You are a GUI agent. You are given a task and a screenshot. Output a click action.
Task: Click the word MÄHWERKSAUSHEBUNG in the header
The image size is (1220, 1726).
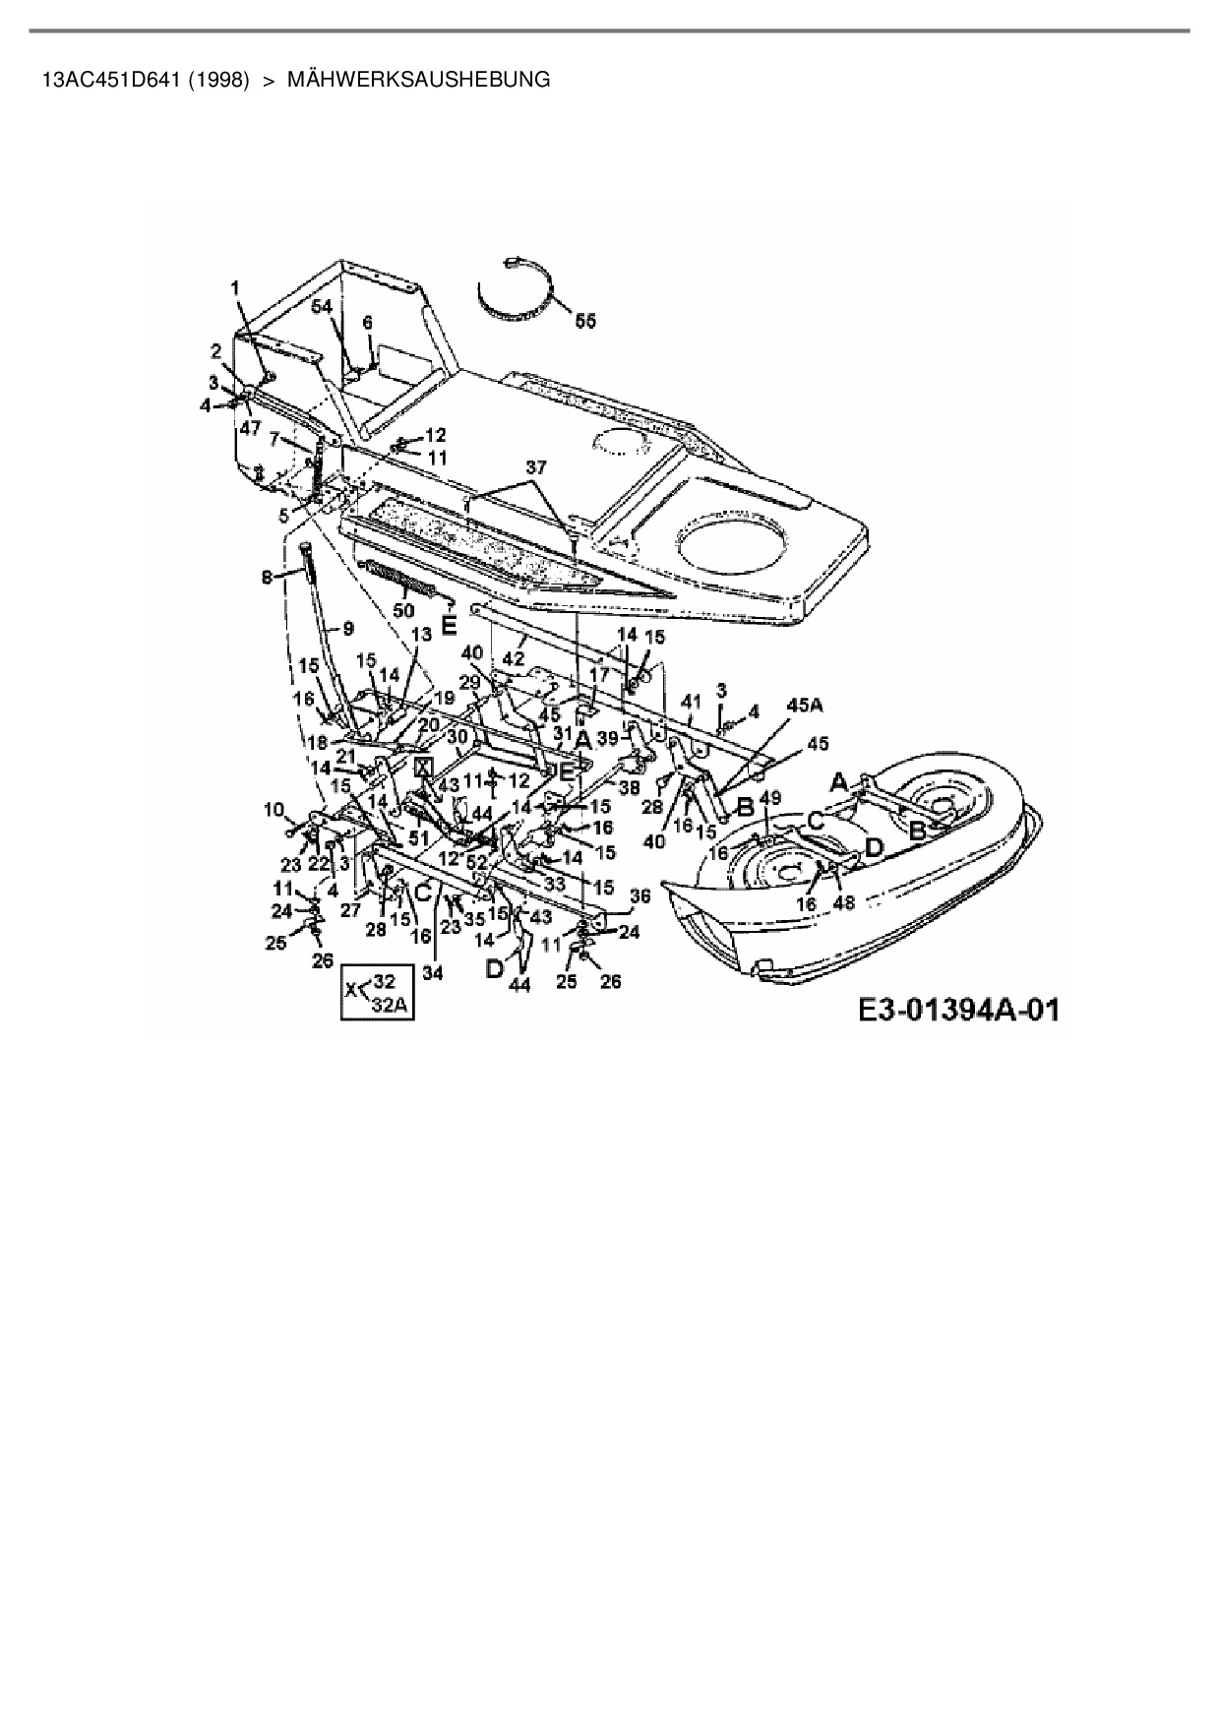coord(418,80)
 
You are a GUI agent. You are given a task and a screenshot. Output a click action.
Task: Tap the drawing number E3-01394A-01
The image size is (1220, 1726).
coord(958,1011)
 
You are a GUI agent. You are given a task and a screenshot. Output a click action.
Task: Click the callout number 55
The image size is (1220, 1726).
coord(584,321)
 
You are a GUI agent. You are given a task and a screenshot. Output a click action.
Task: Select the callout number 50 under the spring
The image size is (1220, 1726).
coord(403,610)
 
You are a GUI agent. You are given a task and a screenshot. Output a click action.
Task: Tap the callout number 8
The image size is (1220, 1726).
coord(267,579)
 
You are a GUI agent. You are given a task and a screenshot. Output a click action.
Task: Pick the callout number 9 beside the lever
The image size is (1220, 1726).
coord(347,627)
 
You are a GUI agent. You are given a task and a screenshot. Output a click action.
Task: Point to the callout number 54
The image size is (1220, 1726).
coord(323,307)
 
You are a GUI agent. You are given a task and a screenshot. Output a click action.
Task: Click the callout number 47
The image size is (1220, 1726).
coord(250,428)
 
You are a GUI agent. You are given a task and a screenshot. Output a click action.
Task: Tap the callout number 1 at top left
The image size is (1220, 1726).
coord(235,286)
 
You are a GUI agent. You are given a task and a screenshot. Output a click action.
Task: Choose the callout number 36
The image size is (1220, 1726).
coord(640,895)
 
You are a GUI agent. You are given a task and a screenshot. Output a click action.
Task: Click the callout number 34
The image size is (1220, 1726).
coord(433,973)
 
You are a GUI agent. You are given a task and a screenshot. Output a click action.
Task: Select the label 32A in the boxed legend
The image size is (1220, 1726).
coord(390,1006)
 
